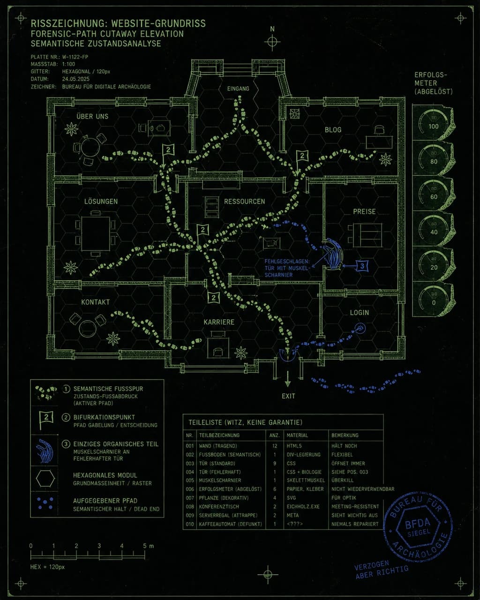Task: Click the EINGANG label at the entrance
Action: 238,89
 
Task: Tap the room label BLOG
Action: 333,130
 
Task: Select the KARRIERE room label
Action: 219,322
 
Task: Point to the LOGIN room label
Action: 360,313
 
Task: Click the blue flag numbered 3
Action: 362,266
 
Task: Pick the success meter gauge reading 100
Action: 434,123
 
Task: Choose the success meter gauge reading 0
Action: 434,299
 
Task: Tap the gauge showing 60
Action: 434,193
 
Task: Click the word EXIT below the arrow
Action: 288,396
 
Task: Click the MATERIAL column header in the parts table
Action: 297,435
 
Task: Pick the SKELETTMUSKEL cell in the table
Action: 306,480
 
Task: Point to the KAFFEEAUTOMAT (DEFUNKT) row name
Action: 230,524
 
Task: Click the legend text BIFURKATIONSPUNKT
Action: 104,417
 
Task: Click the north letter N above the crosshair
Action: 272,29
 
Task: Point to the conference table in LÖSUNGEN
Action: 95,233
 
